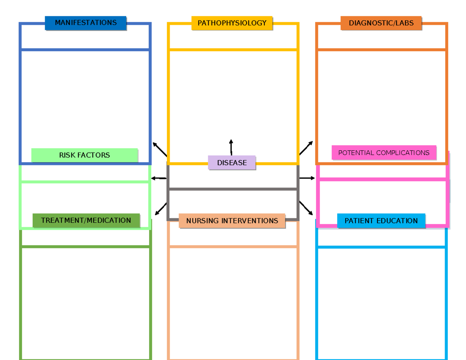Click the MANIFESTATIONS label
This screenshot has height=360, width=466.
[85, 23]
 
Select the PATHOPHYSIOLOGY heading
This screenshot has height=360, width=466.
[232, 23]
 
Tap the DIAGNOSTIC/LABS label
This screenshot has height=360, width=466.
[381, 23]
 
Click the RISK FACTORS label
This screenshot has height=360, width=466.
[84, 155]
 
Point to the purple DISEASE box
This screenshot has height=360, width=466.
[232, 163]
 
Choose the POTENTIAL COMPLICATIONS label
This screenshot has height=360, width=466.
[384, 153]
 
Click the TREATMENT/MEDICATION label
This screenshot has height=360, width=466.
[86, 221]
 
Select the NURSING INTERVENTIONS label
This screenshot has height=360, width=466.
[232, 221]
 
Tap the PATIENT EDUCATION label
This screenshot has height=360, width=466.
[381, 221]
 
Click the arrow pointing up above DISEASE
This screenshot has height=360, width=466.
[231, 147]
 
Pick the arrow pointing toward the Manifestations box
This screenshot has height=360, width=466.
[160, 149]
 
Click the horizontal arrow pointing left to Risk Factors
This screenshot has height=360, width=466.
[158, 178]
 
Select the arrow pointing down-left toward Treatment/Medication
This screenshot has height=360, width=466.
[161, 209]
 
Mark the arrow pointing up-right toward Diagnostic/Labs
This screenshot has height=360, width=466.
[306, 148]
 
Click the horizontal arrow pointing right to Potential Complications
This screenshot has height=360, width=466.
[307, 178]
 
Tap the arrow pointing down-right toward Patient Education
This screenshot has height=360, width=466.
[306, 208]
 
